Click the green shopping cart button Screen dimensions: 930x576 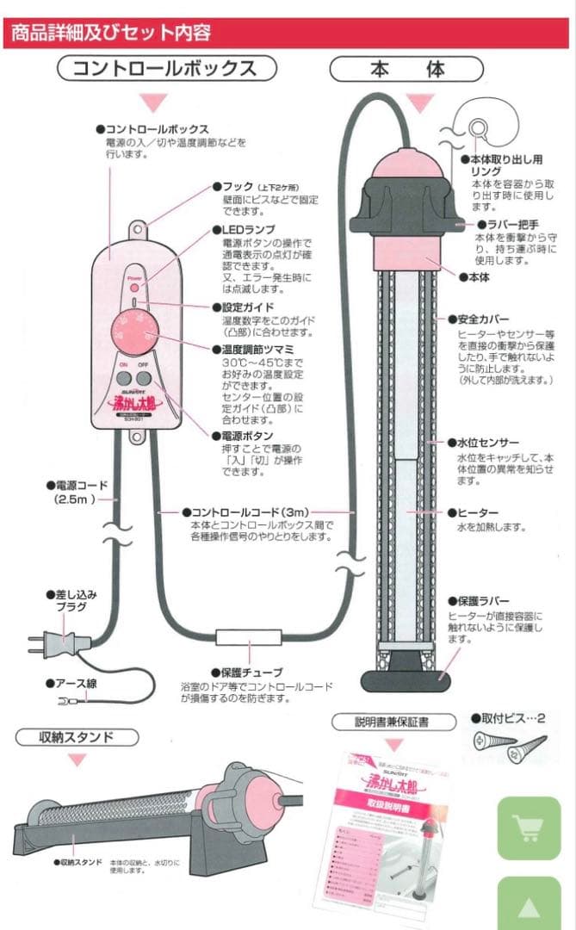coord(528,828)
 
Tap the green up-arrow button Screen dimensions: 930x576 coord(528,905)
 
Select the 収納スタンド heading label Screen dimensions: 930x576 coord(77,737)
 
